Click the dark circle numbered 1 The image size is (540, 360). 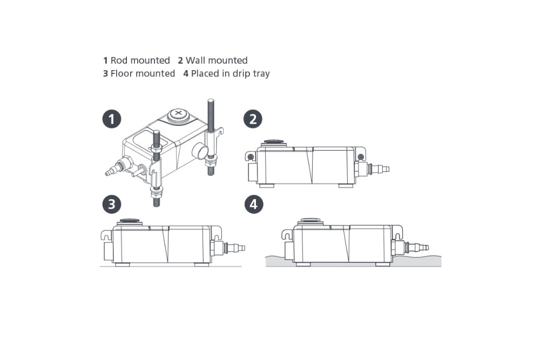[112, 119]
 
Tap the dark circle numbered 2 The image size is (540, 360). [253, 119]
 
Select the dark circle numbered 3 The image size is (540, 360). [112, 204]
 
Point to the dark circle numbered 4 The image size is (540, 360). [254, 204]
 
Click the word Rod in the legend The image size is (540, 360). [119, 60]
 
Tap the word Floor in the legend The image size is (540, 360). [122, 73]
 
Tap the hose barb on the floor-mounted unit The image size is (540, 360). [234, 247]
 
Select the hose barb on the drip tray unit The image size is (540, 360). [417, 247]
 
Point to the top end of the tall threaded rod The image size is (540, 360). [211, 100]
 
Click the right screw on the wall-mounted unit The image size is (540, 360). [361, 157]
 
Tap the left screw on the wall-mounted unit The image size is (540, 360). [251, 157]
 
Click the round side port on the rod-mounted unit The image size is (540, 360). [200, 152]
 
